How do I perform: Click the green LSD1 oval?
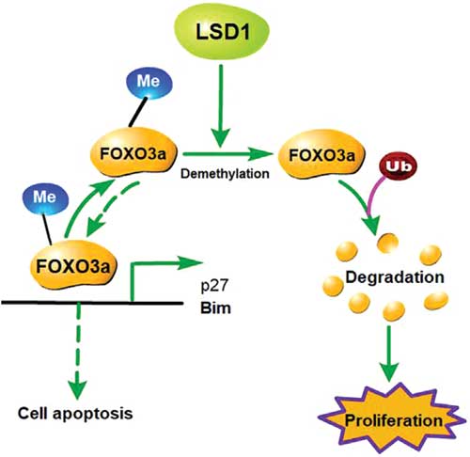pyautogui.click(x=222, y=32)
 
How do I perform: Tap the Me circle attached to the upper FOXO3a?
pyautogui.click(x=149, y=83)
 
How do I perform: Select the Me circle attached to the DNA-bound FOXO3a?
pyautogui.click(x=45, y=198)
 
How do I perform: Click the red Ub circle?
pyautogui.click(x=399, y=166)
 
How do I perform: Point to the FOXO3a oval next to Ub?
pyautogui.click(x=321, y=154)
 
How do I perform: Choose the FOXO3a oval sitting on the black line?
pyautogui.click(x=73, y=264)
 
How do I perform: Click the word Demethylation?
pyautogui.click(x=225, y=173)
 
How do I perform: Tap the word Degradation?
pyautogui.click(x=395, y=277)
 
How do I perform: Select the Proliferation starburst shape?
pyautogui.click(x=392, y=419)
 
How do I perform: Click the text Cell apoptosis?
pyautogui.click(x=75, y=413)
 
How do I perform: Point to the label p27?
pyautogui.click(x=215, y=286)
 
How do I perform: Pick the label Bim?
pyautogui.click(x=215, y=307)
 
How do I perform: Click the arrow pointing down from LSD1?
pyautogui.click(x=221, y=105)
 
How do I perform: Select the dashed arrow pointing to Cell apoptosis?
pyautogui.click(x=78, y=351)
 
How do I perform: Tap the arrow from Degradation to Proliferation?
pyautogui.click(x=389, y=354)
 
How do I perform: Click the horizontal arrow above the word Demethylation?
pyautogui.click(x=228, y=154)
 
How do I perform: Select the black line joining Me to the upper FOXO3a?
pyautogui.click(x=138, y=112)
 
